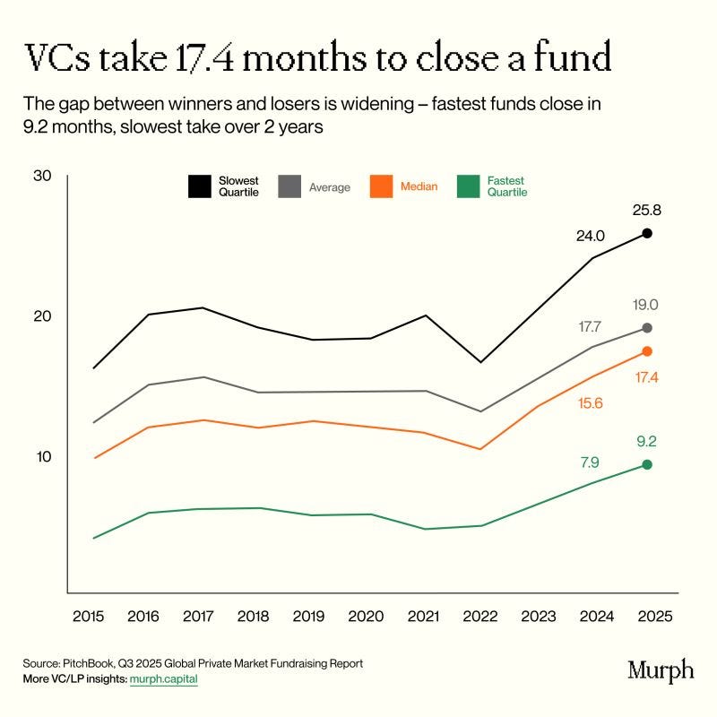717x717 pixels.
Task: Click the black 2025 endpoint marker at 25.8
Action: click(647, 233)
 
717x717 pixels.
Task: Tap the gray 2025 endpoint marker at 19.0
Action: click(647, 328)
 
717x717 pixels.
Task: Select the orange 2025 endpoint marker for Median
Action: click(647, 351)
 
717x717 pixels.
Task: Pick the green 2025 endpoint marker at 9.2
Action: click(647, 464)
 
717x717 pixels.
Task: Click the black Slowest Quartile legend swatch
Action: click(199, 186)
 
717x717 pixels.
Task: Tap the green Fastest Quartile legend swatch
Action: click(466, 186)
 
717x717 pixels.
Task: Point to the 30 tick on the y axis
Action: click(42, 176)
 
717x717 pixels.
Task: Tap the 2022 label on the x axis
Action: click(481, 618)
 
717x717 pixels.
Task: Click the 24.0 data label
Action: click(592, 236)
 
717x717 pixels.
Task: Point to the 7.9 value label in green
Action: click(590, 462)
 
